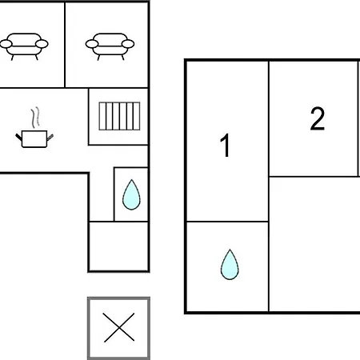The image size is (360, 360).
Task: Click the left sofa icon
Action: [x=24, y=46]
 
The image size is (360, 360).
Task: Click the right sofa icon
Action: [x=110, y=46]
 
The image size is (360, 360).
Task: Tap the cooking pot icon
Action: [x=34, y=138]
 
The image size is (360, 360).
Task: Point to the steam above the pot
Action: [x=35, y=118]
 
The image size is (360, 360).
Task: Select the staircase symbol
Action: [x=119, y=116]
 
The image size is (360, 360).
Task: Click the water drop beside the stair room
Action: [x=131, y=194]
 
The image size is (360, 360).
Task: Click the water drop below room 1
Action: [x=230, y=264]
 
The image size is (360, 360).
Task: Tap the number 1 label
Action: [x=226, y=146]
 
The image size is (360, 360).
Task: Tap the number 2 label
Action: [x=318, y=118]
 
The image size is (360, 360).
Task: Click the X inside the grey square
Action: [x=119, y=327]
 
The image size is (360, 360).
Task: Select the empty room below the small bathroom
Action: [x=118, y=246]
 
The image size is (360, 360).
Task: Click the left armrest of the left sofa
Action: [x=6, y=44]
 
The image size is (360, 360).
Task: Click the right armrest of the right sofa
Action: [x=128, y=44]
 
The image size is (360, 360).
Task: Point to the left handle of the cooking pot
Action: [x=18, y=137]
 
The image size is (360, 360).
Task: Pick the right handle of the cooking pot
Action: [x=50, y=137]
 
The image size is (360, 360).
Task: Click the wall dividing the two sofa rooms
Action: [x=65, y=45]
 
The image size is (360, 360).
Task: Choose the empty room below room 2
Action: [x=314, y=244]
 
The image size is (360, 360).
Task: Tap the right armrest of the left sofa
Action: [x=42, y=44]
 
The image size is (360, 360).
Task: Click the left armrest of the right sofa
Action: [x=92, y=44]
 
